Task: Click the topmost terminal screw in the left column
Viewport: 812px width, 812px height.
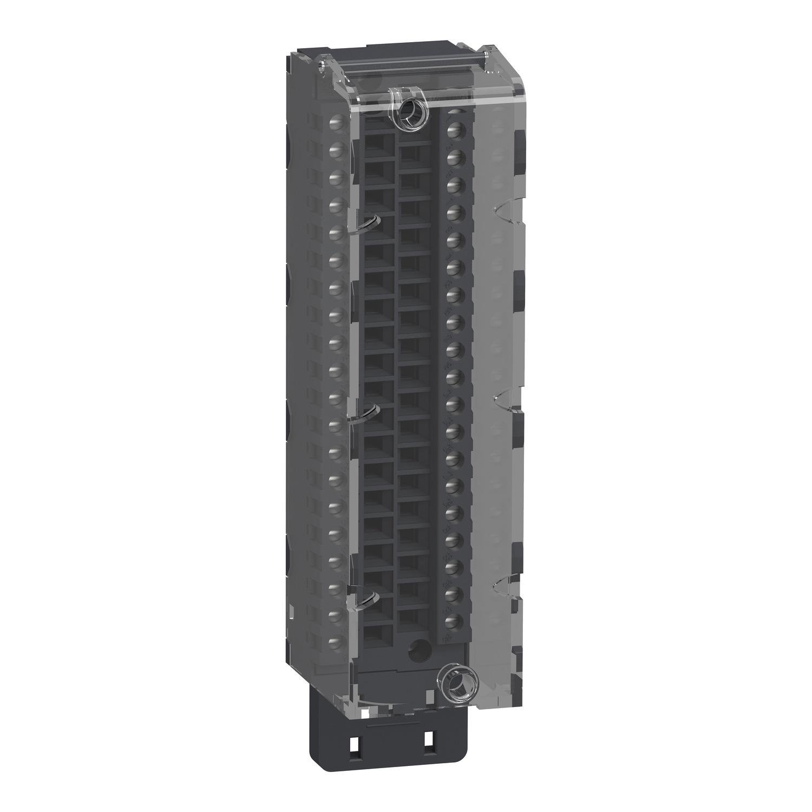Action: click(336, 120)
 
